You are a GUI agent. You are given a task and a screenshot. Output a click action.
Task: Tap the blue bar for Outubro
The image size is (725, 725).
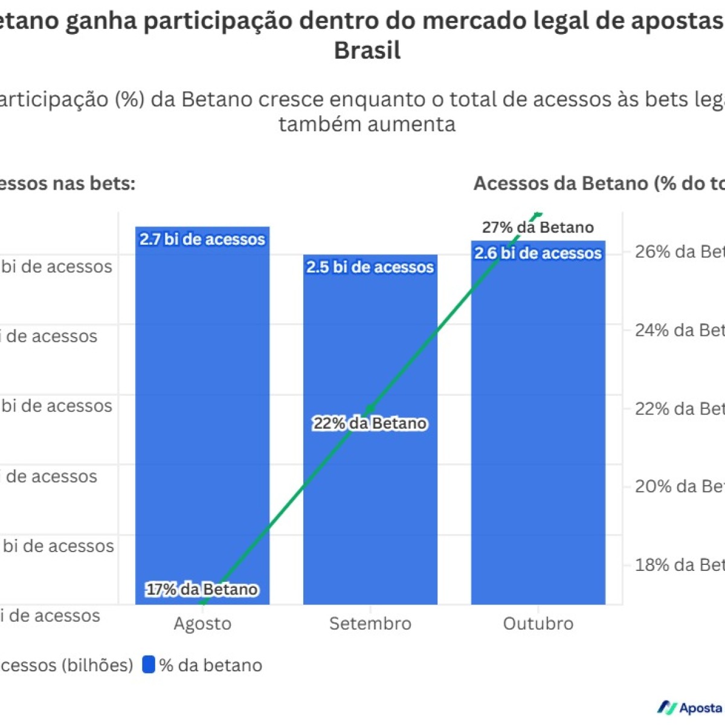click(538, 423)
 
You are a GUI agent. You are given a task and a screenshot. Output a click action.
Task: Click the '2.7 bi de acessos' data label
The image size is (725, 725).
click(202, 239)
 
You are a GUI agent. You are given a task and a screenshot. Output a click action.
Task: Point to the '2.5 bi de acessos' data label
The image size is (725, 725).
click(370, 267)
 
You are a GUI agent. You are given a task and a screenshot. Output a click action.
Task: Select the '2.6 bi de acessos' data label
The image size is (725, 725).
click(538, 253)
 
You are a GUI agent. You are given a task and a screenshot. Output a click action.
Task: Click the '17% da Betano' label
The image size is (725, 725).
click(202, 589)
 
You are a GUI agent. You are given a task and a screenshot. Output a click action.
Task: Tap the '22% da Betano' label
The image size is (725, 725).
click(370, 424)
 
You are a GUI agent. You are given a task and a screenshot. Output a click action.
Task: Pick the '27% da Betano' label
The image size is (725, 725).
click(538, 227)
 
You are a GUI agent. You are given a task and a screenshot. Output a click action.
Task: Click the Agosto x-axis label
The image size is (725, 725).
click(202, 623)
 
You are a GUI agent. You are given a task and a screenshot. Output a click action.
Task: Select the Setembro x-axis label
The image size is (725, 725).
click(370, 623)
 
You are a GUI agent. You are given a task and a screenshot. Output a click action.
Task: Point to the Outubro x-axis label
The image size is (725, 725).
click(538, 623)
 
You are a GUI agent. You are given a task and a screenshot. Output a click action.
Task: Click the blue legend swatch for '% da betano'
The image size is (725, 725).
click(149, 665)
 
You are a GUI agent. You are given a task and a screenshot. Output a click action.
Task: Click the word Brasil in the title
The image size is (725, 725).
click(367, 51)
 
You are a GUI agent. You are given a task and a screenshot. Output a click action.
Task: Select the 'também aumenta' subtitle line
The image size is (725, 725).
click(367, 124)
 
